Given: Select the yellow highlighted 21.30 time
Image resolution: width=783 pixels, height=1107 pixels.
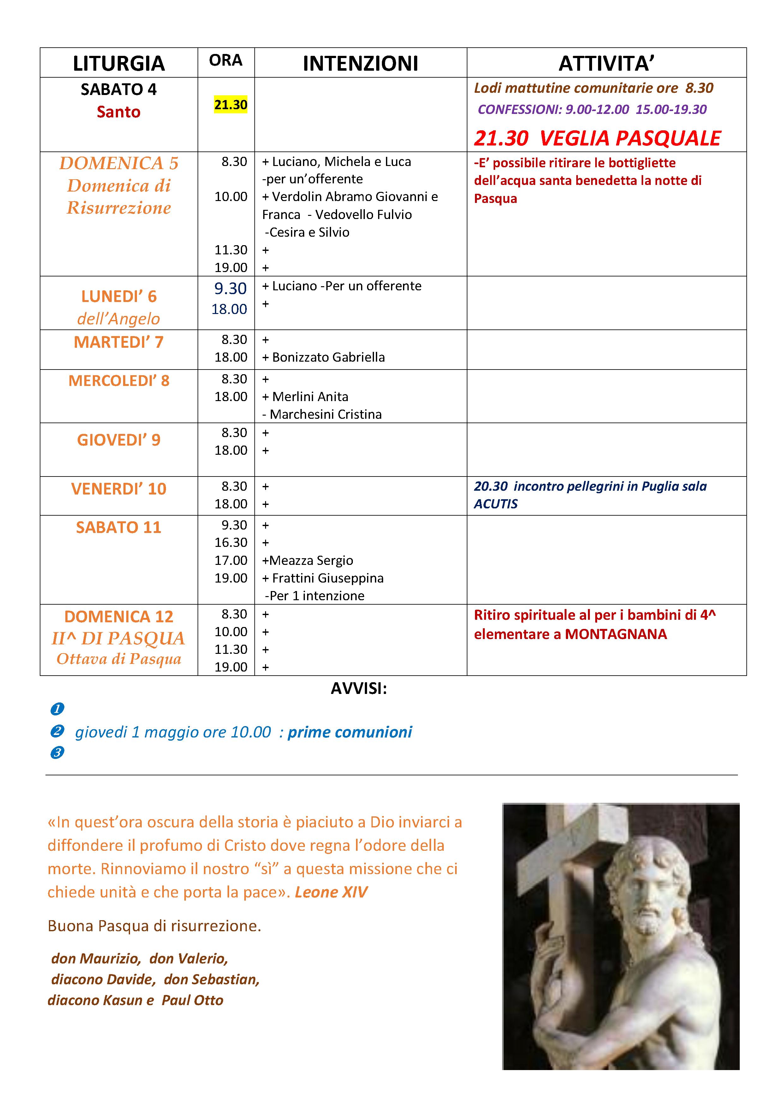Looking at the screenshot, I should [x=230, y=105].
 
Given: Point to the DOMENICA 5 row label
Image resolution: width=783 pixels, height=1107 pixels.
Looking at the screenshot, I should [x=119, y=163].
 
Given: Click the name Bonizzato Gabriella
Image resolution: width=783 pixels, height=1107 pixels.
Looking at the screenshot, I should [x=328, y=357].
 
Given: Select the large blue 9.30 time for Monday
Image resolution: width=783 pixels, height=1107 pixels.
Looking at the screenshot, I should [x=230, y=288].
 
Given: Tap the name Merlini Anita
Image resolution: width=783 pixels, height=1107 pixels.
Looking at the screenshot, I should [x=310, y=397].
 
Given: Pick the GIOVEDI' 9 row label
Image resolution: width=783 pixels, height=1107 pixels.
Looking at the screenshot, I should [x=119, y=440].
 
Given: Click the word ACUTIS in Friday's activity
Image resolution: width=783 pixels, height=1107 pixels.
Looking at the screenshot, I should [x=495, y=504].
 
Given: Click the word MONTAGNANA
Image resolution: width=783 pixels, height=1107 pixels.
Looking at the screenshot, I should [x=616, y=634].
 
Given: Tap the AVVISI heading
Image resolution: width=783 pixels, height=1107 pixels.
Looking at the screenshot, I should [x=359, y=689].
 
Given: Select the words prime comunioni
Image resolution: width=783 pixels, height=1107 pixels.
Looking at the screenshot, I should [x=350, y=732].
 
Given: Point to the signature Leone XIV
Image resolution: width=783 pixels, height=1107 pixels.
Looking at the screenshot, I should [x=331, y=892].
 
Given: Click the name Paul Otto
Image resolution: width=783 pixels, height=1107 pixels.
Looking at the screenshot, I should [x=193, y=1000].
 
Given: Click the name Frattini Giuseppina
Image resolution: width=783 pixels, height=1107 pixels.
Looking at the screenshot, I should [x=328, y=578].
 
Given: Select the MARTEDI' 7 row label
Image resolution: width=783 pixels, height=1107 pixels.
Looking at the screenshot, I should [x=119, y=342].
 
